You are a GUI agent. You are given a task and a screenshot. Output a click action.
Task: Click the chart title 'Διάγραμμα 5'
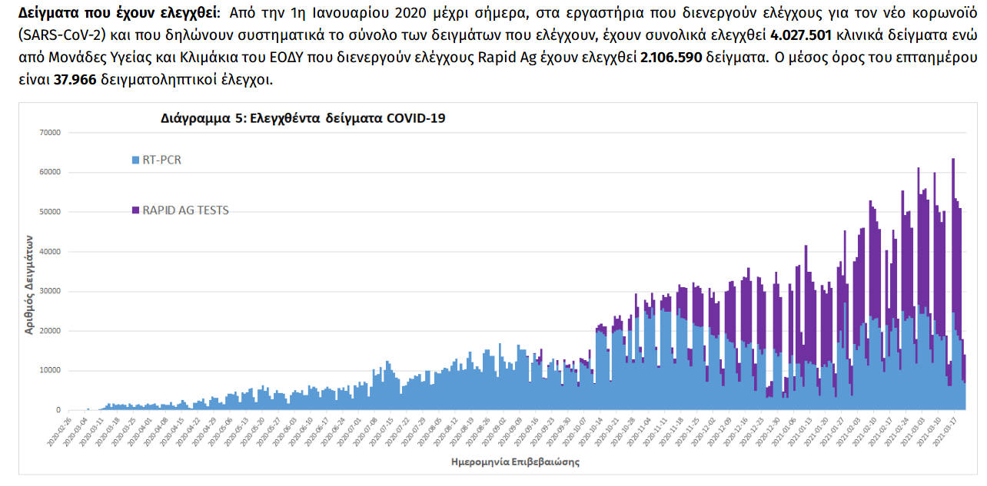(303, 118)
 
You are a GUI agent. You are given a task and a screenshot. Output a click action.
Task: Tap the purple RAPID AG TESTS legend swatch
(136, 210)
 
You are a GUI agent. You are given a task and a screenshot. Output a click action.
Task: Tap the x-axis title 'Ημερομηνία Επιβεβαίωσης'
(515, 462)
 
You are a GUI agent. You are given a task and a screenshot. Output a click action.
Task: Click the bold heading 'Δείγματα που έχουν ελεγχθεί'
(116, 14)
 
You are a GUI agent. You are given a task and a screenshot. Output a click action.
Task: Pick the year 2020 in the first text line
(409, 14)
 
